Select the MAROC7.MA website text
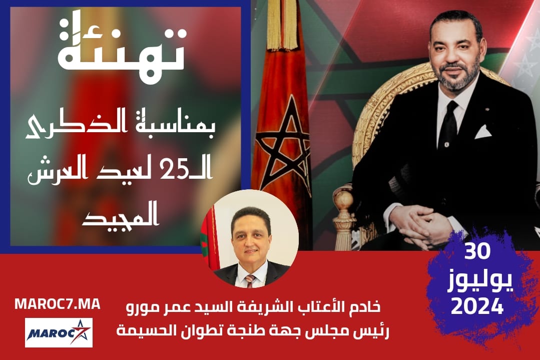(x=58, y=304)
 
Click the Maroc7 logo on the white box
(x=59, y=333)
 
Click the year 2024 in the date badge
(x=477, y=306)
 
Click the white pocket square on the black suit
(x=483, y=132)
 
